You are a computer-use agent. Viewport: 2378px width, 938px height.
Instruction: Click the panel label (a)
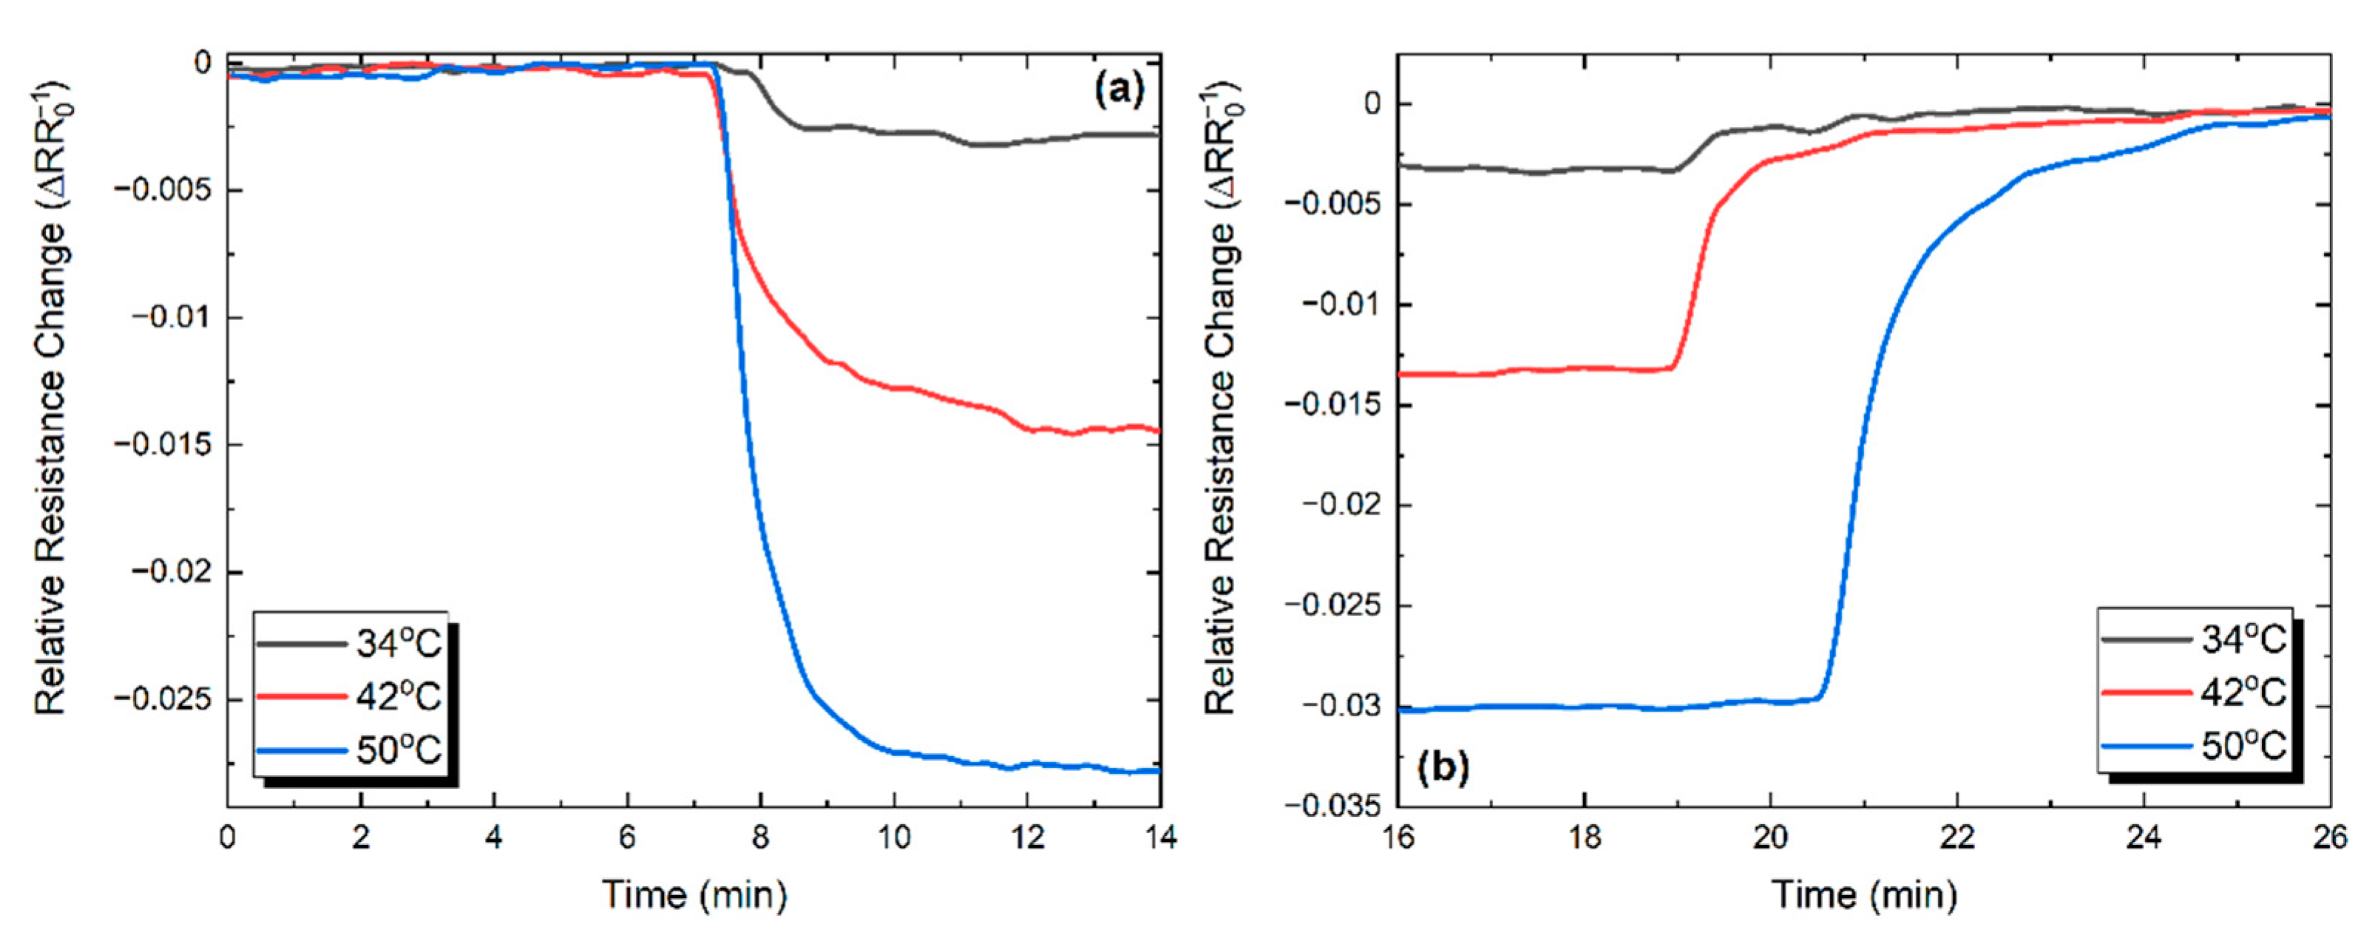coord(1118,89)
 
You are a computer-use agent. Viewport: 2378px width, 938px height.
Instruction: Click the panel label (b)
coord(1443,767)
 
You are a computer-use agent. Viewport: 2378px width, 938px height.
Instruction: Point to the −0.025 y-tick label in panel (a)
coord(163,699)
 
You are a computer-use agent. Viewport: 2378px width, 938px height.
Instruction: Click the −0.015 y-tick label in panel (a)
coord(163,445)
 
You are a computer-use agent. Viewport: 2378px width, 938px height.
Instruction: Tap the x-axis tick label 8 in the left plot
coord(761,837)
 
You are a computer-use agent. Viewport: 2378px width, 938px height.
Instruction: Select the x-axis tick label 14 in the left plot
coord(1159,837)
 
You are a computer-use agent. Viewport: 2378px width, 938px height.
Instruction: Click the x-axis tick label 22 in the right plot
coord(1957,837)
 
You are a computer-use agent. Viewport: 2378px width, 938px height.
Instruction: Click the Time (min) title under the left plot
coord(694,894)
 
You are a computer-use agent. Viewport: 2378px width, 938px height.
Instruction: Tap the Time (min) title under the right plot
coord(1864,894)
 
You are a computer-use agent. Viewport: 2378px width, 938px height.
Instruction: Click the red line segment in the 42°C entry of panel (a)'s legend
coord(301,697)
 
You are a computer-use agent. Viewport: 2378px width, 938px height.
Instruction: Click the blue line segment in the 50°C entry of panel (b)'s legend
coord(2147,746)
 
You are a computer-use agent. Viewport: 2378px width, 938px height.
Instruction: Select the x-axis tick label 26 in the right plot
coord(2329,837)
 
